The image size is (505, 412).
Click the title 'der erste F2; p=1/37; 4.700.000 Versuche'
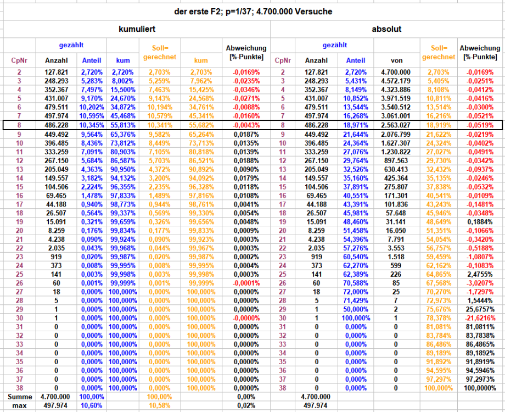252,11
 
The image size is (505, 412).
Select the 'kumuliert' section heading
139,29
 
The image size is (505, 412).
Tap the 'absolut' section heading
388,29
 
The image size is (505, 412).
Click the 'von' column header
397,60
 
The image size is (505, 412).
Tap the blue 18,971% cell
356,126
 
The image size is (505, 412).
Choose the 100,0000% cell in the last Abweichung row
481,387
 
